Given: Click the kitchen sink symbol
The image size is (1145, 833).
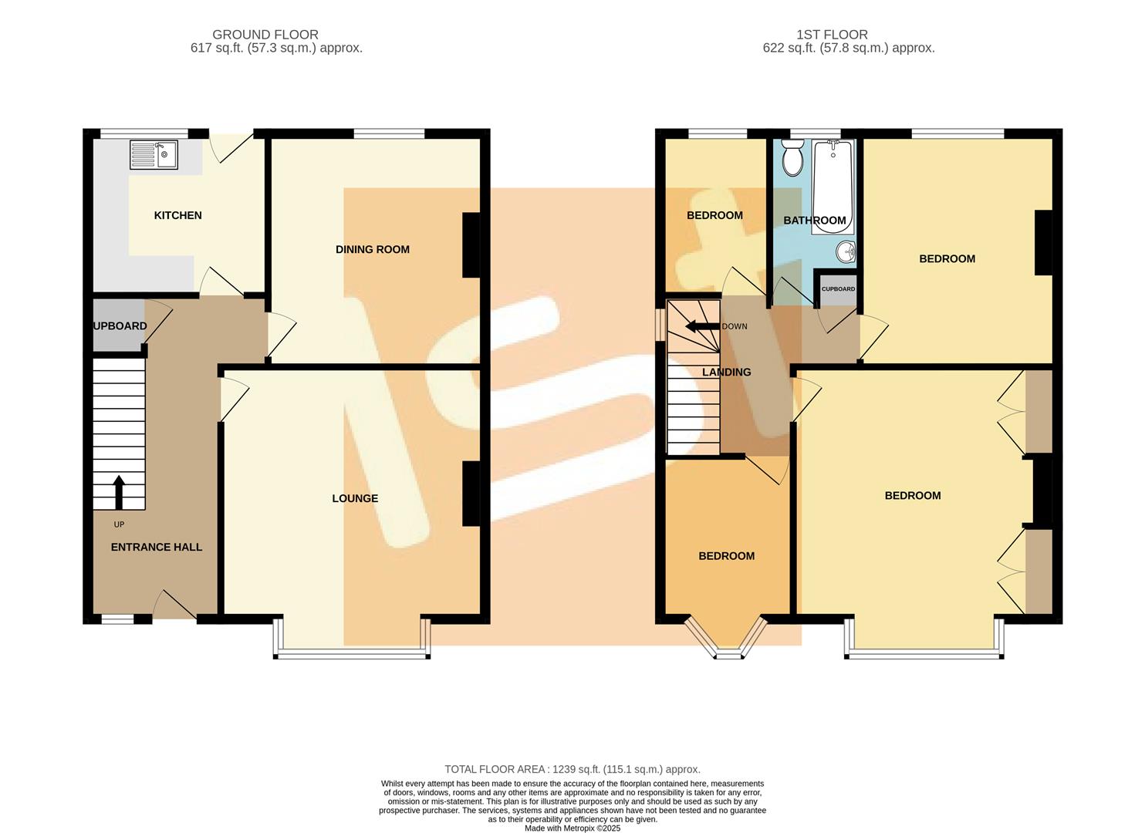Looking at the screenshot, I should pos(154,154).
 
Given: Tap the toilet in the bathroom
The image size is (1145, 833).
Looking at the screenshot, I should pos(792,159).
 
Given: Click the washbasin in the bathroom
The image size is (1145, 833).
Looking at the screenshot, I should pos(846,251).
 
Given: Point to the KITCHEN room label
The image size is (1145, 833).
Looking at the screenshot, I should pos(177,215).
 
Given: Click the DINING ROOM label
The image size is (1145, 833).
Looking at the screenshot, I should pos(372,249).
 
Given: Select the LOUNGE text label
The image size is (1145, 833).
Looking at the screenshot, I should pos(355,498).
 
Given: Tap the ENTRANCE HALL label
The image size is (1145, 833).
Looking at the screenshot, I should pos(156,547).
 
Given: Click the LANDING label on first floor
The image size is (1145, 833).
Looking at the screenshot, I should pos(726,372).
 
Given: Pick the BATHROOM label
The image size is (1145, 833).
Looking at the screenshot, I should pos(815,221).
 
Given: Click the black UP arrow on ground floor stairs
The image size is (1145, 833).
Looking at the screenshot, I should pos(119,492).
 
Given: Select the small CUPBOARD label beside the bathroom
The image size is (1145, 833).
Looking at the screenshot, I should pos(838,289).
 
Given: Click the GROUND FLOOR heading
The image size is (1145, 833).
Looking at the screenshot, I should pos(265,35).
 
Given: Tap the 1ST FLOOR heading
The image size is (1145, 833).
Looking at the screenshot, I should pos(832,35).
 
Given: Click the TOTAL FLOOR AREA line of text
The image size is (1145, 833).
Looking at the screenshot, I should pos(572,769).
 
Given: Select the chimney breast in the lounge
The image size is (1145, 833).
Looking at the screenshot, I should pos(471,494).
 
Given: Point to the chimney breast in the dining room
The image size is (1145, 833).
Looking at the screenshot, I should pos(471,245).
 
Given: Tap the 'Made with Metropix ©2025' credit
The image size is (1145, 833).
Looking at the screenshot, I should pos(572,828).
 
